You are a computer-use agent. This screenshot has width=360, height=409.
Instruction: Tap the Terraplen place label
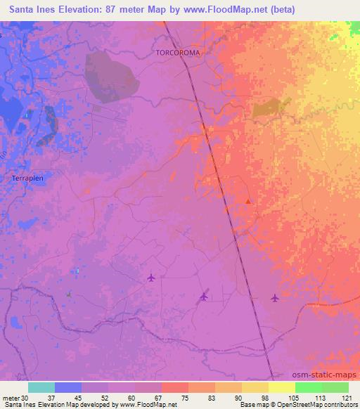[29, 178]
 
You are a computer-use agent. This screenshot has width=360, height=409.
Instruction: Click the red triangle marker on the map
[248, 202]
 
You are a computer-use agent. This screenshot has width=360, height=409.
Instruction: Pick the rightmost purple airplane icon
[275, 298]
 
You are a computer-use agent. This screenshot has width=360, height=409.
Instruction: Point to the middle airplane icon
[204, 296]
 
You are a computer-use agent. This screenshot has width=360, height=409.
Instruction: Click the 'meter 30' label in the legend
[15, 397]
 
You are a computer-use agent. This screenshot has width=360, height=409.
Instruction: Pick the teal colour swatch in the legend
[41, 387]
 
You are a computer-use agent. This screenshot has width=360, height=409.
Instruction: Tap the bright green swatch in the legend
[308, 387]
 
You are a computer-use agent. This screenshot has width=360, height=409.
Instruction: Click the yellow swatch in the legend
[281, 387]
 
